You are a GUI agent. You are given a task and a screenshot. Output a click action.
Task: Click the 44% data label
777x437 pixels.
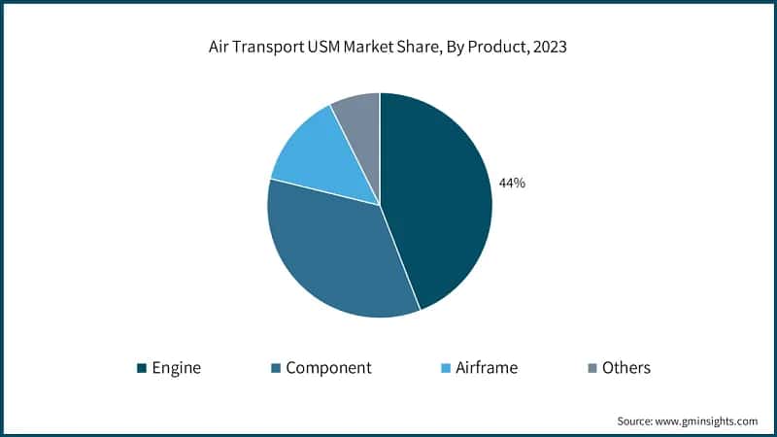tap(512, 183)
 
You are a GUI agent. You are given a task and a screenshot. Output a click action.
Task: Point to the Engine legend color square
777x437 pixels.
tap(142, 368)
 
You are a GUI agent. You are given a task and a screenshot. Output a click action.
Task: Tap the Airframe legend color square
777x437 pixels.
tap(446, 368)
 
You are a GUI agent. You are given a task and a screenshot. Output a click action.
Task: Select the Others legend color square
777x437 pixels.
tap(592, 368)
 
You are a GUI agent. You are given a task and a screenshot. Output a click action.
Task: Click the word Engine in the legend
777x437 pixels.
tap(179, 368)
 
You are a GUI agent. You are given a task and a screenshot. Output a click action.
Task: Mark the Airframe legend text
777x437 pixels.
tap(487, 368)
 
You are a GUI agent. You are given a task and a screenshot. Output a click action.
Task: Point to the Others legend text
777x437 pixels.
tap(626, 368)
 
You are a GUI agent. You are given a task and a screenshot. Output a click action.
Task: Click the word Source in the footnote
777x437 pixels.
tap(636, 421)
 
